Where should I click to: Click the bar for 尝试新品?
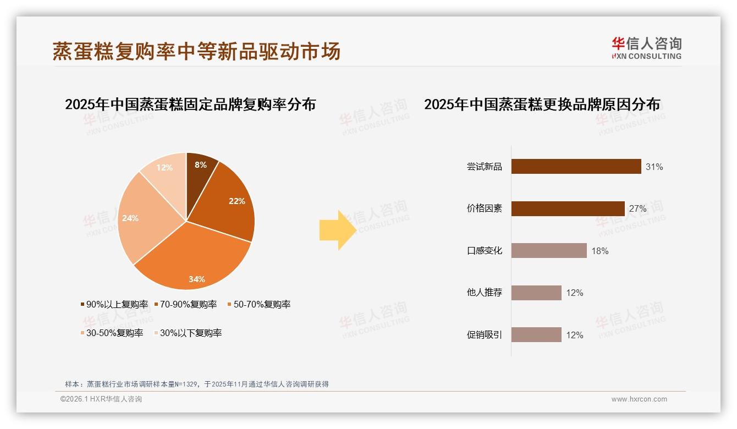coord(576,167)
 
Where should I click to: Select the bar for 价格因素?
coord(568,208)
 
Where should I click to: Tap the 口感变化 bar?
coord(549,251)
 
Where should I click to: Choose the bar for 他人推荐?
coord(536,293)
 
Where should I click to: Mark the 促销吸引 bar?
coord(536,335)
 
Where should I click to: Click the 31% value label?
coord(654,167)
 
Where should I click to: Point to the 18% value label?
coord(600,251)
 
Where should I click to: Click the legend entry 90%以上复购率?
coord(114,304)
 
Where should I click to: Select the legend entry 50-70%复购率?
coord(259,304)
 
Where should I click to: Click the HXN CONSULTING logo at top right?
coord(647,48)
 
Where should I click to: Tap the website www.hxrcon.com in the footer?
coord(639,399)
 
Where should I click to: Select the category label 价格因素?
coord(485,208)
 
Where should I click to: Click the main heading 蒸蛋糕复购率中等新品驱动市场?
coord(196,51)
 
